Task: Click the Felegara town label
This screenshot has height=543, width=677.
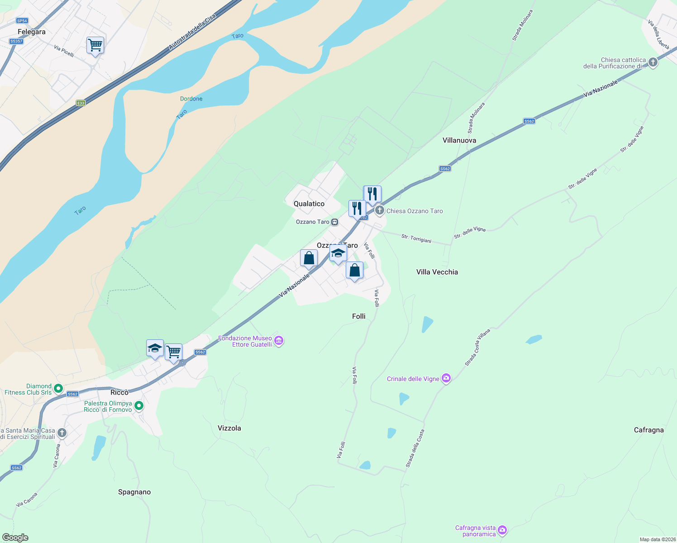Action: (x=32, y=32)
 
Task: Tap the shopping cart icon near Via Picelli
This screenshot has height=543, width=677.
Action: (x=95, y=45)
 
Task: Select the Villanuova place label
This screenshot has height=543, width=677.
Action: (x=459, y=140)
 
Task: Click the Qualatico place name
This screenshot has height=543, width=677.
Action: (x=309, y=204)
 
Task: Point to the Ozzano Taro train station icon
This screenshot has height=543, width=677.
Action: (x=334, y=222)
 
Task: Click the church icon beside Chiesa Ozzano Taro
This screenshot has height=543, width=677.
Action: (x=380, y=210)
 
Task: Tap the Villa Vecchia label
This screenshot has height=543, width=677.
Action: (x=437, y=272)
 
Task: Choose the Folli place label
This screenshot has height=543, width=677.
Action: (x=359, y=316)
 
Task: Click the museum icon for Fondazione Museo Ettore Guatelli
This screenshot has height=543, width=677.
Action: (x=279, y=341)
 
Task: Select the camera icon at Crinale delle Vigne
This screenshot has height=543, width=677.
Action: (x=446, y=378)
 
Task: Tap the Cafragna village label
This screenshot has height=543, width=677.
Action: (x=648, y=430)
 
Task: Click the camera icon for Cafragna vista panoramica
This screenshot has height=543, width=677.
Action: (x=502, y=530)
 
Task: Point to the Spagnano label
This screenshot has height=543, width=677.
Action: (x=134, y=492)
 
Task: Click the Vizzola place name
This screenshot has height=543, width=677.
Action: (x=229, y=428)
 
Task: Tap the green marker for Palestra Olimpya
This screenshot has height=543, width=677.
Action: (x=139, y=406)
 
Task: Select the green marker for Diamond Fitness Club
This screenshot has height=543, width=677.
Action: (x=58, y=389)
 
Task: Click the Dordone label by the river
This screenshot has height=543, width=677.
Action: (x=191, y=99)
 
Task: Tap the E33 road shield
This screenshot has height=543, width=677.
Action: (x=81, y=103)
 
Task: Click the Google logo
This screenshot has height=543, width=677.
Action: (x=15, y=538)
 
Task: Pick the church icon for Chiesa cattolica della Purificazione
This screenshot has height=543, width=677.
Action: (x=653, y=62)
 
